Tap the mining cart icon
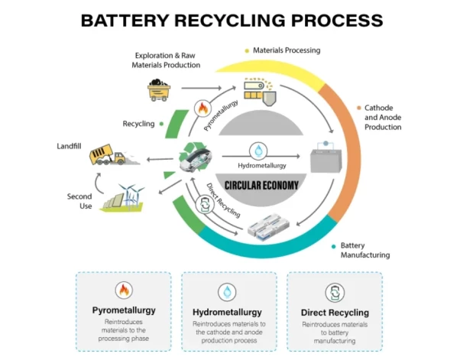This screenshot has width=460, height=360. (159, 89)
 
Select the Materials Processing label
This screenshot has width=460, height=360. (287, 50)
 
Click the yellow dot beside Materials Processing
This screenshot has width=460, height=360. (247, 50)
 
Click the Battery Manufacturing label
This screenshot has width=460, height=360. (365, 250)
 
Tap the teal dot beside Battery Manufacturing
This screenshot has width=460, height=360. (333, 246)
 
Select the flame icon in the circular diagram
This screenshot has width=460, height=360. (202, 109)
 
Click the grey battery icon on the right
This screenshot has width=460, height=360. (325, 161)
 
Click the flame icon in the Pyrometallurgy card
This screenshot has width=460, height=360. (124, 290)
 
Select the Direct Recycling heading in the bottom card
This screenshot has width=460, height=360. (335, 312)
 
